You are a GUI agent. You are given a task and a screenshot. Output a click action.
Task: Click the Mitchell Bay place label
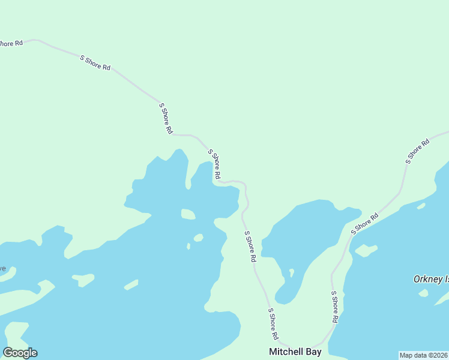tap(295, 352)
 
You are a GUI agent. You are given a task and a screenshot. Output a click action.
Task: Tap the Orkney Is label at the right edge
tap(431, 279)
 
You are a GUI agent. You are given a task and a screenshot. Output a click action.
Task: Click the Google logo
tap(20, 353)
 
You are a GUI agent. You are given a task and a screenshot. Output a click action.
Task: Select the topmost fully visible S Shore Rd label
tap(95, 62)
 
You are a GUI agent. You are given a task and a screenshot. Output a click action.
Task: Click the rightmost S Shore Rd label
tap(418, 151)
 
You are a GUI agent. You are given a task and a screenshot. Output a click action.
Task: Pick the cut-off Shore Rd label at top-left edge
tap(11, 43)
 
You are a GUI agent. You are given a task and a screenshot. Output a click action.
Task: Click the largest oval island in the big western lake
tap(188, 214)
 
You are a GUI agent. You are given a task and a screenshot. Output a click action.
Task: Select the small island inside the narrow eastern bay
tap(291, 272)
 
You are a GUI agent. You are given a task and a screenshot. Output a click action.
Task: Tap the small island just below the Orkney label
tap(424, 293)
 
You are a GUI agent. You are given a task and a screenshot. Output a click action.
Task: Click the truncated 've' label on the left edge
tap(2, 268)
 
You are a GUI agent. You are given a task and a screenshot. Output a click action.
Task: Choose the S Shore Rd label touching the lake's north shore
tap(214, 164)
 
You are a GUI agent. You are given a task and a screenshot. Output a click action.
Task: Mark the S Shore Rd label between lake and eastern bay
tap(250, 246)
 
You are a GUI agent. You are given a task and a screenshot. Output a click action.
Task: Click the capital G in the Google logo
tap(8, 352)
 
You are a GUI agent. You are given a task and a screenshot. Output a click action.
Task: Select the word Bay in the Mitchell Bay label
tap(313, 352)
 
